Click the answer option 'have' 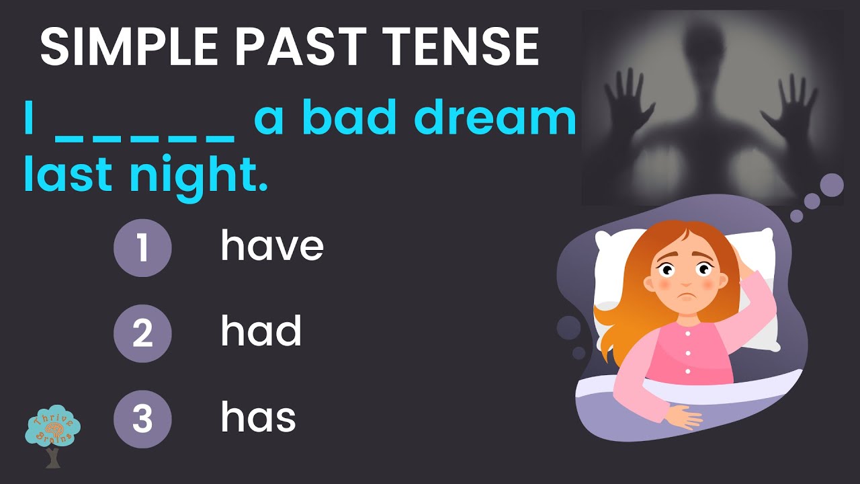[x=272, y=246]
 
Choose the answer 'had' [x=261, y=331]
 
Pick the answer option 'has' [x=258, y=417]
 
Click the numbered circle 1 [x=142, y=247]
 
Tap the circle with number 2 [x=142, y=333]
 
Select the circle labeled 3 [x=142, y=419]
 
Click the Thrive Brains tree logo [x=52, y=434]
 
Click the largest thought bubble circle [x=832, y=186]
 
